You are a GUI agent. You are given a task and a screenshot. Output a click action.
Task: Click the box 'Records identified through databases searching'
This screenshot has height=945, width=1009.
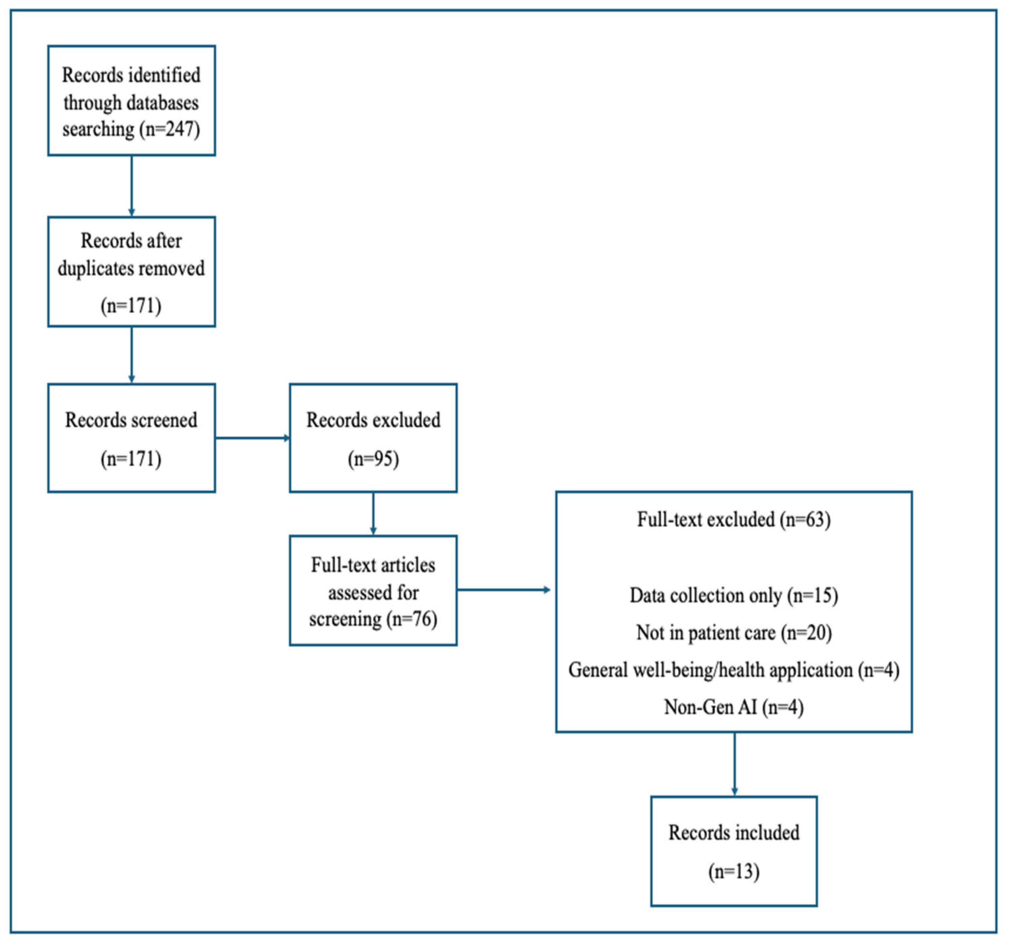(x=132, y=100)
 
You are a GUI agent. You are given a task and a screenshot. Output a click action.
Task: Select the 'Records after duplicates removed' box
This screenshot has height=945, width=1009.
(x=132, y=271)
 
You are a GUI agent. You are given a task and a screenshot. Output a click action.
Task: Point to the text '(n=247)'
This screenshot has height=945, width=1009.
(x=173, y=130)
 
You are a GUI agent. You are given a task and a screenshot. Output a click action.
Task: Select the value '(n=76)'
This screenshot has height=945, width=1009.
(x=412, y=619)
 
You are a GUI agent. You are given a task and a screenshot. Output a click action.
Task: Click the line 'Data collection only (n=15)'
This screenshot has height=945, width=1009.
(x=734, y=596)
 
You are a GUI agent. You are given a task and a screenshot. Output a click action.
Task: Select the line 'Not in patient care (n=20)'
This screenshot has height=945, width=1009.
(x=734, y=633)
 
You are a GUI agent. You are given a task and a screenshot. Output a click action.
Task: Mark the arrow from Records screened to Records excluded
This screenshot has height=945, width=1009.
(x=252, y=438)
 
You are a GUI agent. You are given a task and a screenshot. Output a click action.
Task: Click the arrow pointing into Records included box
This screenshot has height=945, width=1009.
(x=735, y=764)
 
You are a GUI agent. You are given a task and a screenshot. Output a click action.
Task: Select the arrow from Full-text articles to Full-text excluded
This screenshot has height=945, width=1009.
(x=504, y=589)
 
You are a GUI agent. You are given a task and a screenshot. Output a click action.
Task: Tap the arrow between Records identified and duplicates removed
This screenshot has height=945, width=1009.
(x=132, y=185)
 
